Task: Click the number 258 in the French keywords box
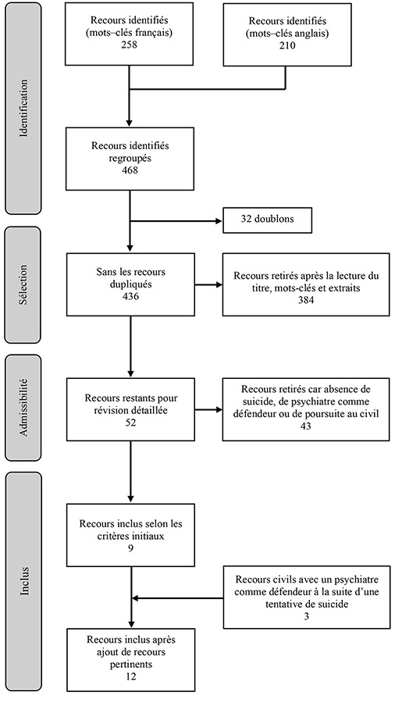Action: pos(129,45)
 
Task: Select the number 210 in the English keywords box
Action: pos(287,45)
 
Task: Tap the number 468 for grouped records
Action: pos(130,170)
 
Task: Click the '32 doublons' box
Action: pos(267,220)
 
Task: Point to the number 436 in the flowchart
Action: pos(130,296)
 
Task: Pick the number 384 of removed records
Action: pos(306,300)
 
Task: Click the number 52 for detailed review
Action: pos(130,423)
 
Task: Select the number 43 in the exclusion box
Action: pos(306,426)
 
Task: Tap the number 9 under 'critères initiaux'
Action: pos(130,548)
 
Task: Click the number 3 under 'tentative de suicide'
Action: pos(306,616)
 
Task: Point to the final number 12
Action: pos(130,676)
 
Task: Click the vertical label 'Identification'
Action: pos(23,108)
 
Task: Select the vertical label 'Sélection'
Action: pos(23,284)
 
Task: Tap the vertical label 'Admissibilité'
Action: pos(23,408)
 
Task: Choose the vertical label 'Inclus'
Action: pos(24,581)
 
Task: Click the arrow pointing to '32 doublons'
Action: pos(176,221)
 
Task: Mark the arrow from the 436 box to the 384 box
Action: pos(208,284)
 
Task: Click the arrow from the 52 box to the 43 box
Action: pos(208,410)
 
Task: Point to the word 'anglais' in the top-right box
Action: pos(312,33)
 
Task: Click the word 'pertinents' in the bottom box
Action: pos(130,664)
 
